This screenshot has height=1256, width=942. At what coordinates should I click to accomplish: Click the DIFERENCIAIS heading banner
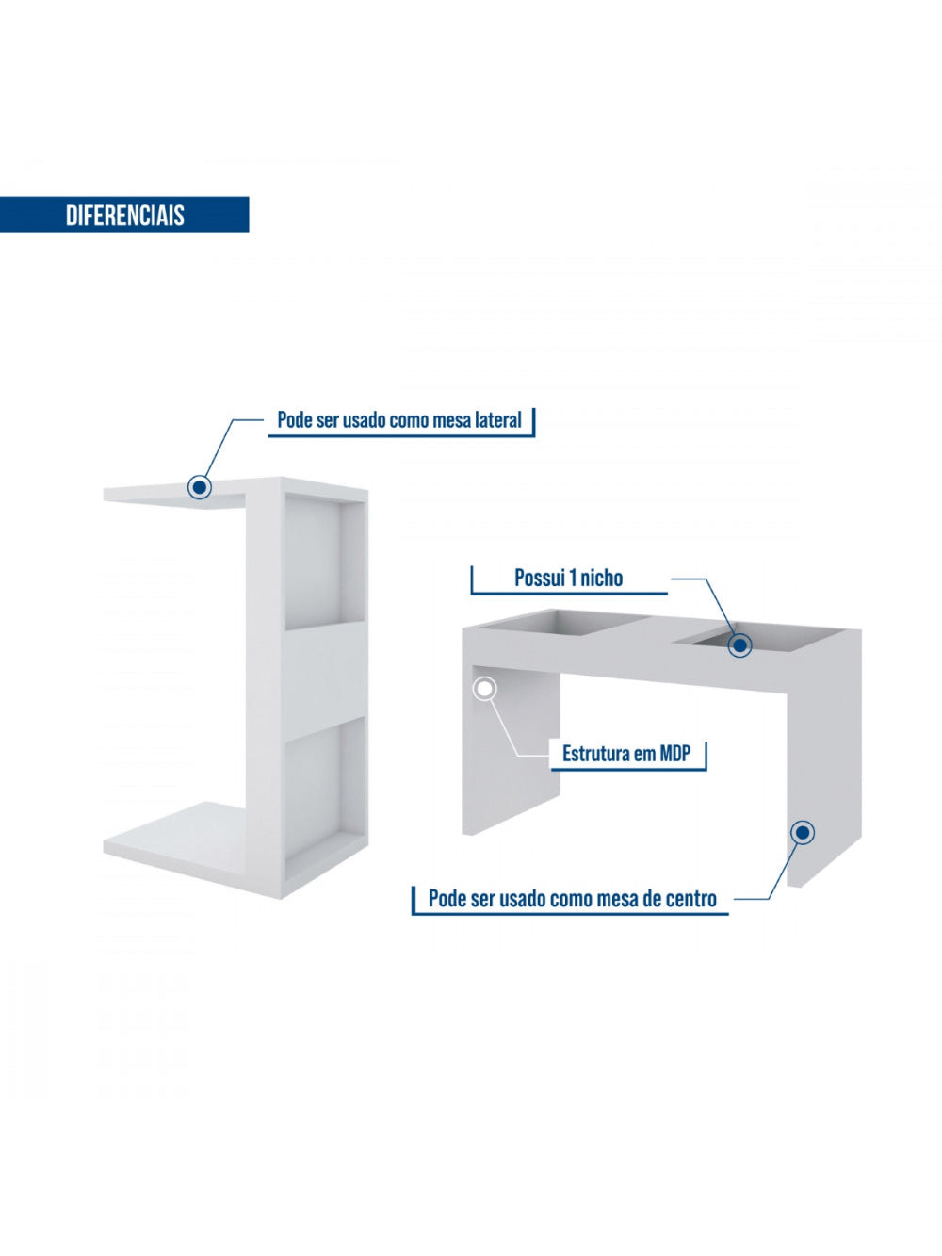(x=124, y=215)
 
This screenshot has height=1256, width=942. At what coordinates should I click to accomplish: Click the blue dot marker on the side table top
(x=199, y=487)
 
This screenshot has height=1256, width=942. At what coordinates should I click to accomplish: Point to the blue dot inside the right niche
(x=739, y=645)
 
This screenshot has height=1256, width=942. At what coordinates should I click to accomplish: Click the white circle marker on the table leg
(x=484, y=689)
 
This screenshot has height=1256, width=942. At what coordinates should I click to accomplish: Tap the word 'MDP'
(x=675, y=754)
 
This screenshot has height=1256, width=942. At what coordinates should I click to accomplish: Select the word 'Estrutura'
(x=596, y=754)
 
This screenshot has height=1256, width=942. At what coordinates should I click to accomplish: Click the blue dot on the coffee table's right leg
(x=803, y=833)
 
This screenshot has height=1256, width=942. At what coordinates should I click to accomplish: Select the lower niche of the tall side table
(x=325, y=795)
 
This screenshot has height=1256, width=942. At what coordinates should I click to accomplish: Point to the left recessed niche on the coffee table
(x=563, y=623)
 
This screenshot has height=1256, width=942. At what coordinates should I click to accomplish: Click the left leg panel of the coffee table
(x=511, y=750)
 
